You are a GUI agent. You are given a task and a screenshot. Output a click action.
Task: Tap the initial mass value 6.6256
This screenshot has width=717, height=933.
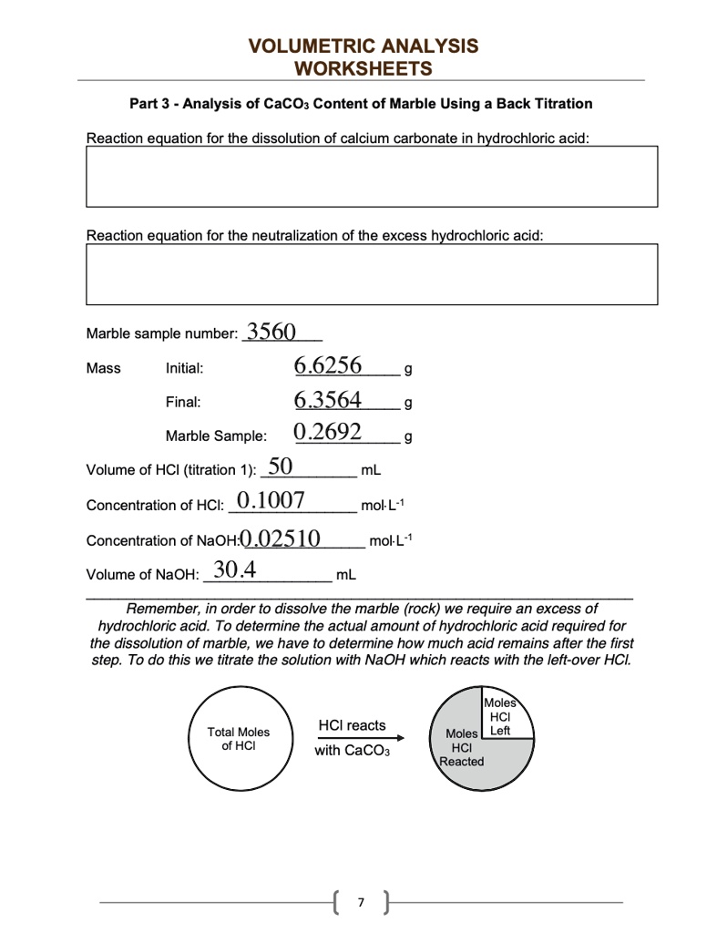[328, 366]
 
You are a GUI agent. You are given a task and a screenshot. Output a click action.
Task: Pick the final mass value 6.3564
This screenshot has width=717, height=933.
[328, 400]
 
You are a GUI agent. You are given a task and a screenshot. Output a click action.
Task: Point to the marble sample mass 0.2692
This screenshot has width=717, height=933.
[328, 432]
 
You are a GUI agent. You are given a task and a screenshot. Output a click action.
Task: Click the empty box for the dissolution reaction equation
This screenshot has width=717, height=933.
[372, 176]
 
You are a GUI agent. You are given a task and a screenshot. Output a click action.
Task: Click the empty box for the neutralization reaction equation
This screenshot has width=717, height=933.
[372, 274]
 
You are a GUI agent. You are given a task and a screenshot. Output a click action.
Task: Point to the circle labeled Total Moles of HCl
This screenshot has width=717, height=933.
[239, 739]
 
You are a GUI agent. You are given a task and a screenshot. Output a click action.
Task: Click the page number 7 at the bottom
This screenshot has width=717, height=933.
[362, 902]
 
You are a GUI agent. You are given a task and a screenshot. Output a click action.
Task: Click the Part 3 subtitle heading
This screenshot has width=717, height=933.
[361, 104]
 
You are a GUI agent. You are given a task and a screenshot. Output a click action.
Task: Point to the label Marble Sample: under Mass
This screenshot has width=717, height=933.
[216, 435]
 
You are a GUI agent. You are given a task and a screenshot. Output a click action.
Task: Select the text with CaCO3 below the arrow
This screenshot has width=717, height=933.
[352, 752]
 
